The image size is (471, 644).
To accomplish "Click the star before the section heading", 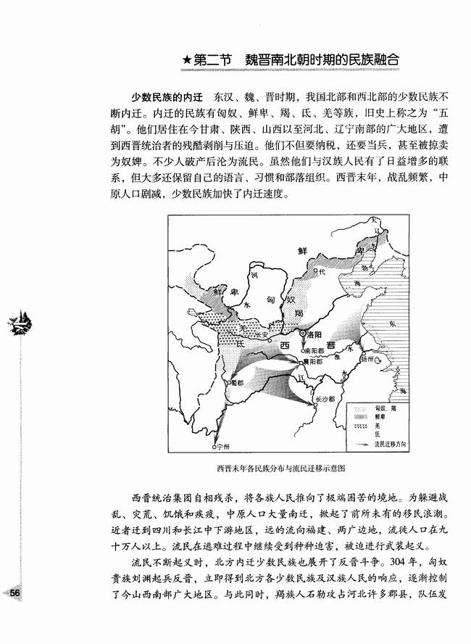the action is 187,61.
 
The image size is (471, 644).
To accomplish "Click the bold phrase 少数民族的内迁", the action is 164,96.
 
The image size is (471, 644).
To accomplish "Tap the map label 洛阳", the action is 314,336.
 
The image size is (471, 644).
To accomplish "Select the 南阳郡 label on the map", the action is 314,349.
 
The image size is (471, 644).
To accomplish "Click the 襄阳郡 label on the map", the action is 314,360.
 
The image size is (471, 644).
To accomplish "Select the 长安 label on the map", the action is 258,336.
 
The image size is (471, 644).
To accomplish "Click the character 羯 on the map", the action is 298,311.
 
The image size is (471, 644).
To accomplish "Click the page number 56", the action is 14,593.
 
